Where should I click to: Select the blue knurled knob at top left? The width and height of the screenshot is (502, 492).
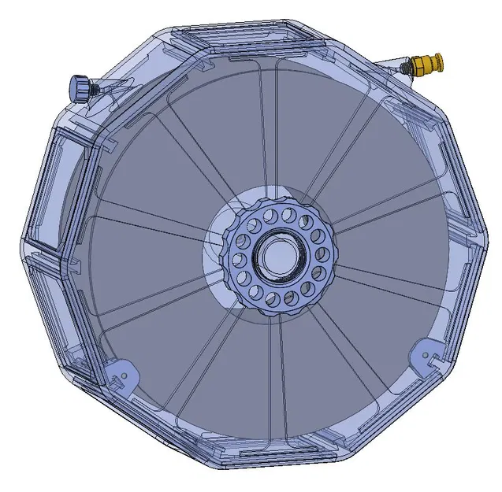point(80,87)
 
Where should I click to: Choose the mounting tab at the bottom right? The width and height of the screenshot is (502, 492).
point(427,353)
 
